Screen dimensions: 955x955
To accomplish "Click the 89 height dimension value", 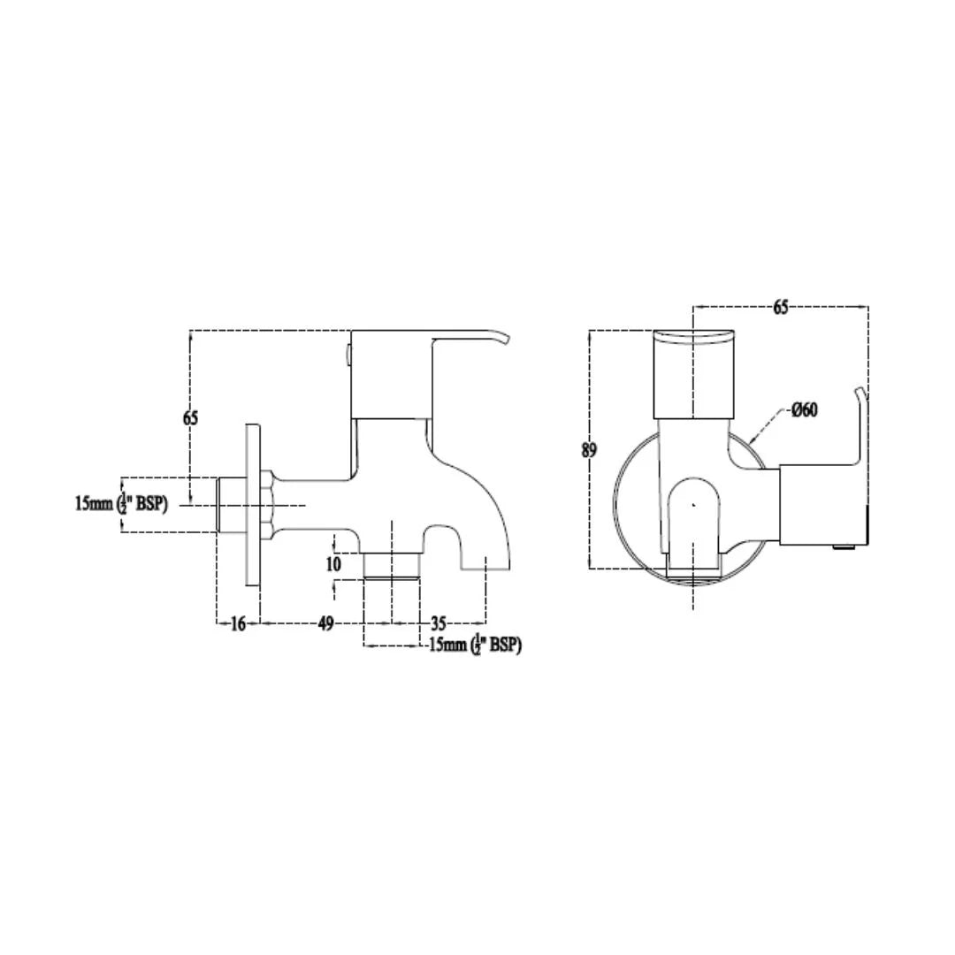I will (x=589, y=450).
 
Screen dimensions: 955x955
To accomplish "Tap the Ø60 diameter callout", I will (x=804, y=409).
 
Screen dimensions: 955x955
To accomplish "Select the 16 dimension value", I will (x=237, y=623).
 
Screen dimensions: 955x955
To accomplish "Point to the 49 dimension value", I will (x=325, y=623).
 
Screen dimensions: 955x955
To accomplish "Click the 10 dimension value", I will (x=334, y=563).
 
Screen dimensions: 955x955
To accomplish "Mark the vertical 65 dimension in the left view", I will (x=191, y=418).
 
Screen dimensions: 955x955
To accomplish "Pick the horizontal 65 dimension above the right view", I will (x=780, y=308).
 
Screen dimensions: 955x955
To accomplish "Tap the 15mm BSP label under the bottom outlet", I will (x=475, y=646).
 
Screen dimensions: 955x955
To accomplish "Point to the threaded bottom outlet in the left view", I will (x=390, y=565).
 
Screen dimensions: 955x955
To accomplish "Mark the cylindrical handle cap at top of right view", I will (x=693, y=372).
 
